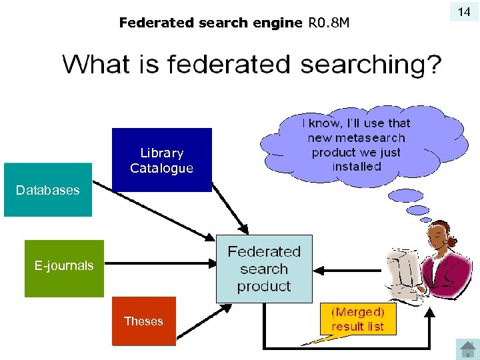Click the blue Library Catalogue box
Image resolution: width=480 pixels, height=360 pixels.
pos(162,160)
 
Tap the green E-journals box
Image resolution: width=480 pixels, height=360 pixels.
pos(64,267)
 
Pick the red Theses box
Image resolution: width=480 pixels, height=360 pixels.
pos(143,321)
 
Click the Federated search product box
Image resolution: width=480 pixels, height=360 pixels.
pos(264,269)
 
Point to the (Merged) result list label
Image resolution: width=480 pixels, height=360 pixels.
pos(357,319)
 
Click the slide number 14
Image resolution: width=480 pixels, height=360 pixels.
pos(464,11)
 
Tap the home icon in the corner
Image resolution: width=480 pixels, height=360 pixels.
pos(466,349)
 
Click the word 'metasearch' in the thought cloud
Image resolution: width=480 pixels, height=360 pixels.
pos(356,138)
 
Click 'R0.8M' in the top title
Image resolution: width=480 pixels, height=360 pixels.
pos(329,23)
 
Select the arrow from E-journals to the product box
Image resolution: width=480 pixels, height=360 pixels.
pos(160,265)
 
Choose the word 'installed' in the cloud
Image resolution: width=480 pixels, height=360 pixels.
pos(357,167)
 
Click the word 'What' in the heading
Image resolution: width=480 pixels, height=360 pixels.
pos(94,65)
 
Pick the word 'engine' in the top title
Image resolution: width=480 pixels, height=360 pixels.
pos(277,23)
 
